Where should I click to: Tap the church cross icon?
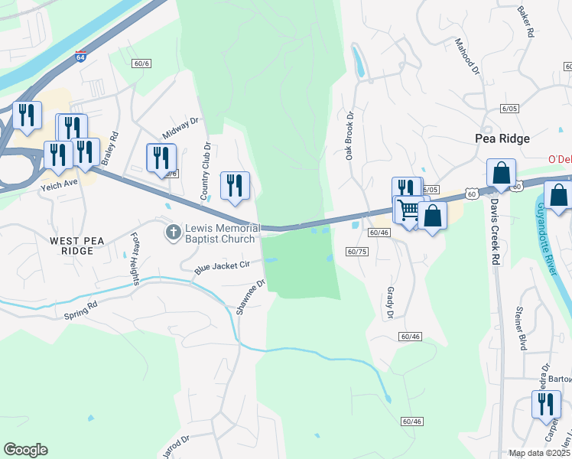pyautogui.click(x=174, y=230)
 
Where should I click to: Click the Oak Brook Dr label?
pyautogui.click(x=349, y=137)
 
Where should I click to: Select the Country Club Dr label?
pyautogui.click(x=206, y=171)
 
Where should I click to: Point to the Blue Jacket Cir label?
pyautogui.click(x=223, y=267)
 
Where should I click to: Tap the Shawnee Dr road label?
pyautogui.click(x=250, y=297)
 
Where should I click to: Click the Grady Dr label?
pyautogui.click(x=388, y=303)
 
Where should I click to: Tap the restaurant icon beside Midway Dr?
pyautogui.click(x=161, y=158)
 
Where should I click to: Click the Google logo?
pyautogui.click(x=25, y=450)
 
